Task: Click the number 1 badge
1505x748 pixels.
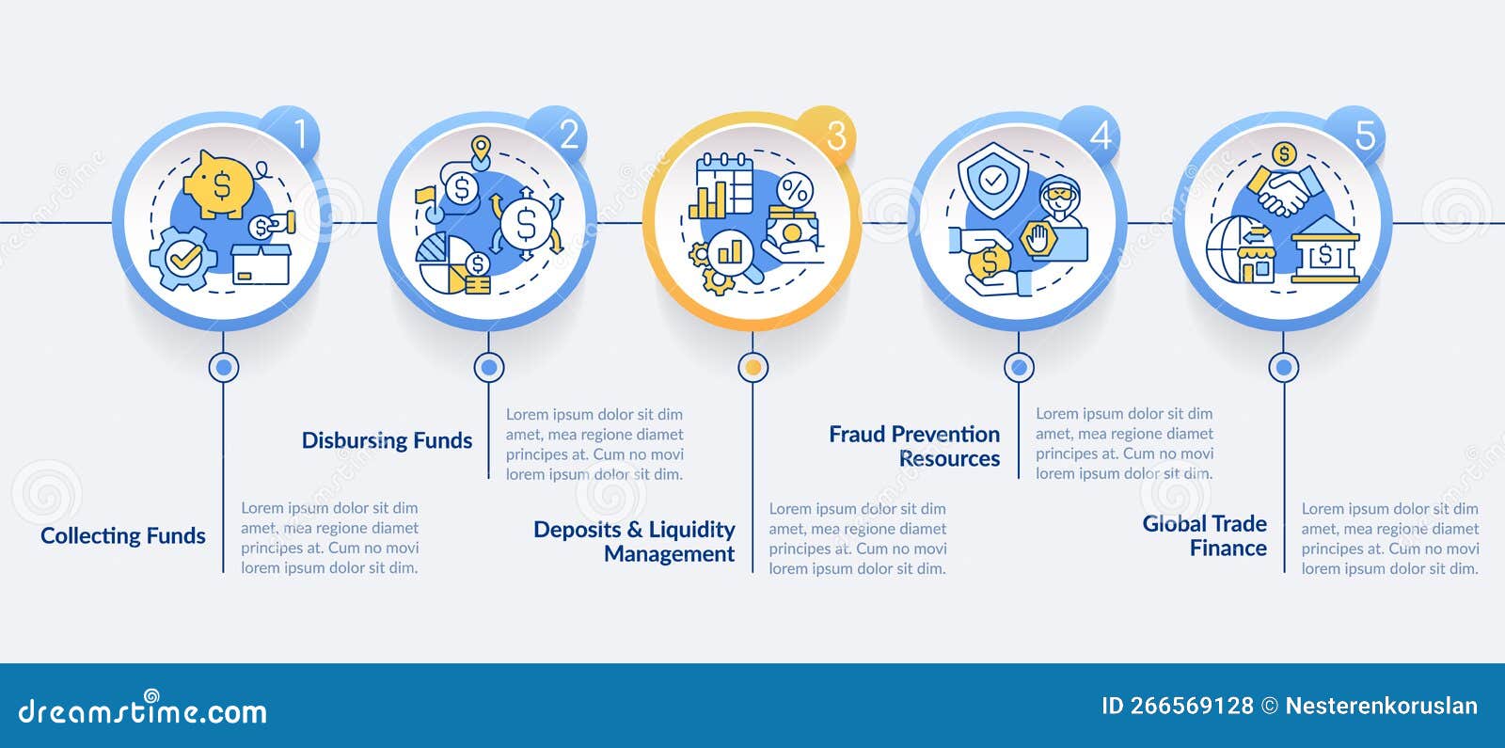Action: pos(299,135)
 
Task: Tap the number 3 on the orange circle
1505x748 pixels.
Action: pos(835,136)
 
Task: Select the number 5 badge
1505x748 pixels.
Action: pos(1365,136)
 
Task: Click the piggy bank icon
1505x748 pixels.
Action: pos(220,183)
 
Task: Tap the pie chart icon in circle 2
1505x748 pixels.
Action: pos(445,263)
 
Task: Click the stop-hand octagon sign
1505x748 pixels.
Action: pos(1039,239)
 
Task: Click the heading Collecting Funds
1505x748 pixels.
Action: pos(123,536)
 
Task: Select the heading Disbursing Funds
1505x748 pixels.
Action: pos(387,440)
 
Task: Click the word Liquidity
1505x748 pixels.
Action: pos(691,530)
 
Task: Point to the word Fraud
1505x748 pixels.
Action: pos(858,435)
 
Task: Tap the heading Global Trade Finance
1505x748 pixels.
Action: pos(1205,535)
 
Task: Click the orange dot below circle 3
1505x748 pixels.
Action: pos(752,367)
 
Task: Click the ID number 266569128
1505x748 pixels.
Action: pos(1191,706)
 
